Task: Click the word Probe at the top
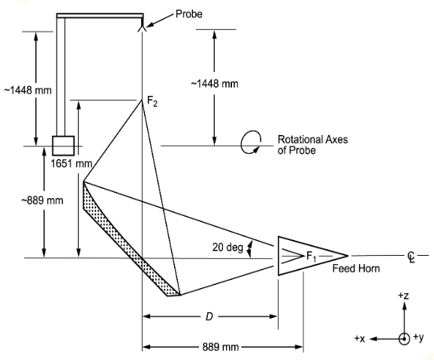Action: pyautogui.click(x=188, y=14)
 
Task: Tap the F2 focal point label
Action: pyautogui.click(x=152, y=101)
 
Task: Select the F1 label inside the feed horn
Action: pyautogui.click(x=311, y=256)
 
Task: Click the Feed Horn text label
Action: pyautogui.click(x=356, y=268)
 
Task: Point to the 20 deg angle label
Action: pyautogui.click(x=228, y=247)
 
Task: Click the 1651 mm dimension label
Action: pyautogui.click(x=71, y=163)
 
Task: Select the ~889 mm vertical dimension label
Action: pyautogui.click(x=42, y=200)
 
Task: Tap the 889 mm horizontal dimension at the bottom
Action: pyautogui.click(x=220, y=347)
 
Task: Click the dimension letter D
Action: pyautogui.click(x=209, y=316)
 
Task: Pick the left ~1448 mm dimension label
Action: pyautogui.click(x=28, y=91)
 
